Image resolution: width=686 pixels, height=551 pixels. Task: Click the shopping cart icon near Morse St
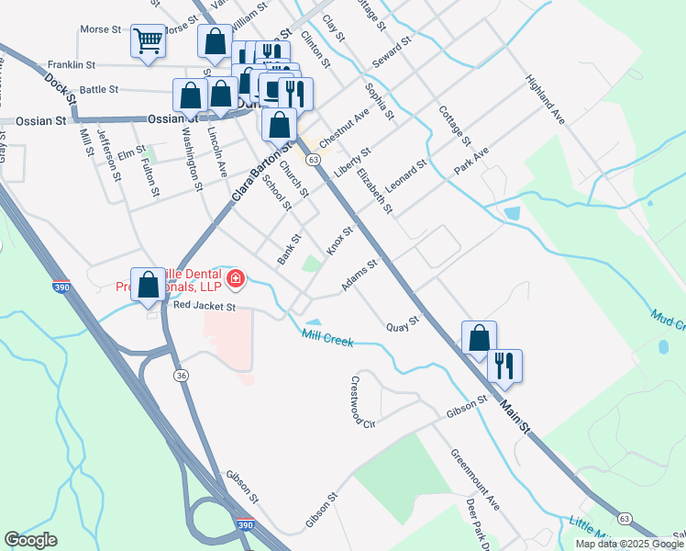148,40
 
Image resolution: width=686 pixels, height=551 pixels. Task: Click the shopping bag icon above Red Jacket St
149,285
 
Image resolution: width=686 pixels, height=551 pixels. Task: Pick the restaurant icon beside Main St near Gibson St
504,365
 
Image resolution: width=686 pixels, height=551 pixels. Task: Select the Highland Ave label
545,100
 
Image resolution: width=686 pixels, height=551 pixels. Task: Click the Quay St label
402,324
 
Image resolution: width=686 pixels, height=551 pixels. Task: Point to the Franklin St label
72,64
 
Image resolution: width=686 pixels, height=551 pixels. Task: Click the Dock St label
57,89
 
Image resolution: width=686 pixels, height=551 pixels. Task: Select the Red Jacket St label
205,306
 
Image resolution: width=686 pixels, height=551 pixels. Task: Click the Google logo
30,539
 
